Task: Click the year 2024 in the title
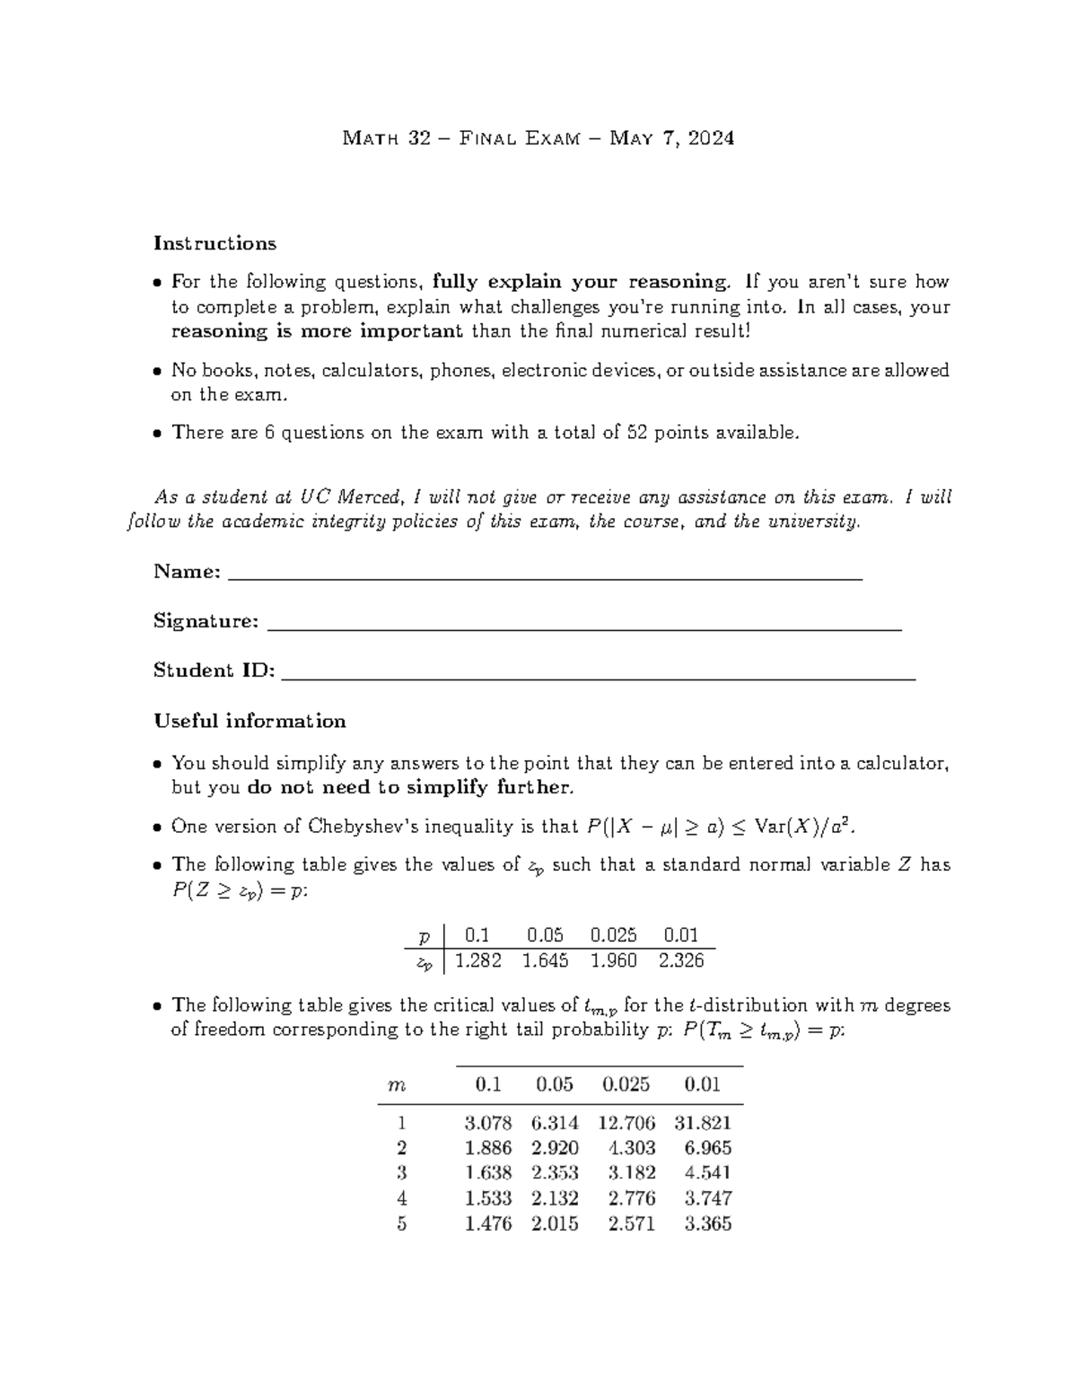point(711,138)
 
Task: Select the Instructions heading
point(215,243)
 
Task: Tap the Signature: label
point(206,621)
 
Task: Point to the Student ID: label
point(214,671)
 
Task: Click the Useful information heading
point(250,722)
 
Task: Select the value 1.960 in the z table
point(613,960)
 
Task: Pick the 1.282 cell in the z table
point(478,960)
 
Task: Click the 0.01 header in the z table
point(680,935)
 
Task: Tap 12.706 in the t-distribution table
point(626,1123)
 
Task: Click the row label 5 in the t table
point(401,1223)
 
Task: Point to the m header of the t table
point(396,1084)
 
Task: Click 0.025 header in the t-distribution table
point(626,1084)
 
